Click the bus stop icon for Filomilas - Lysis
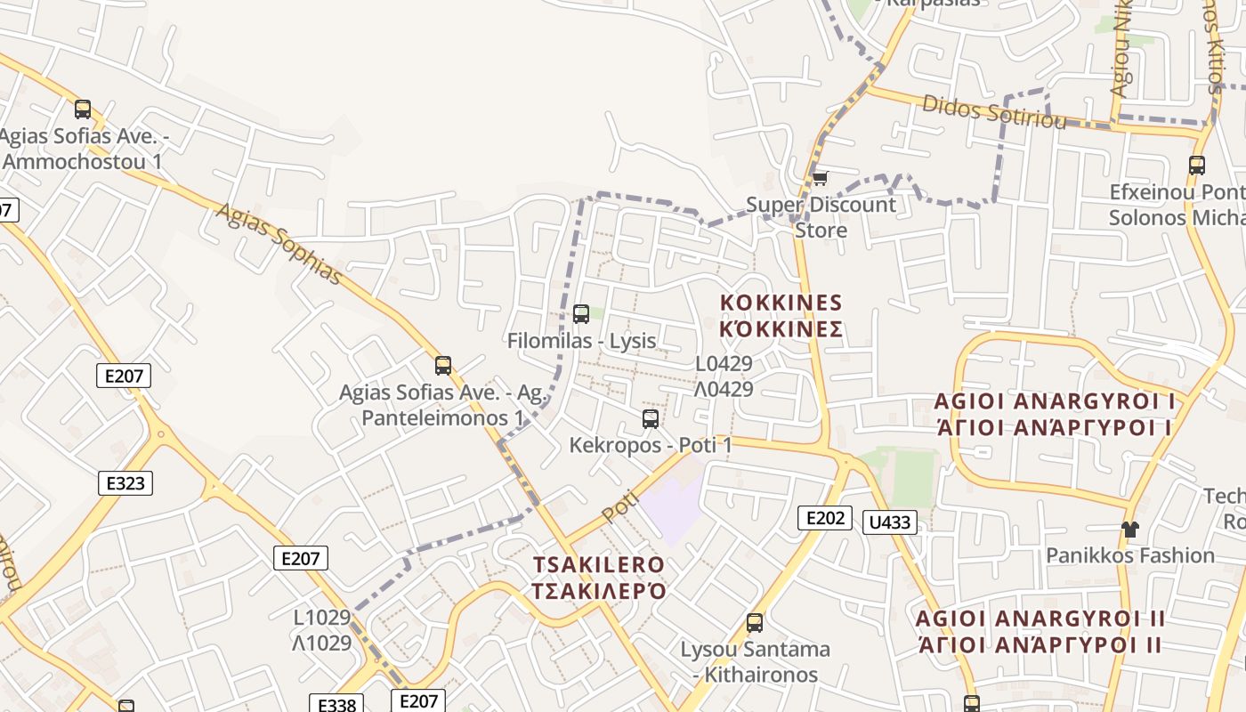[581, 313]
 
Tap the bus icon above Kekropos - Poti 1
[651, 418]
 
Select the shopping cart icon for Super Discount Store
[820, 178]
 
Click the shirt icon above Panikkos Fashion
[1129, 530]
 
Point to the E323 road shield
[125, 483]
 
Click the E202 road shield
[824, 518]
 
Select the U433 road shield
[889, 522]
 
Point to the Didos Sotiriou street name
[993, 111]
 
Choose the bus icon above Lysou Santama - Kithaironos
[755, 622]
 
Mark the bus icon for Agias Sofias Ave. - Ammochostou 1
[83, 109]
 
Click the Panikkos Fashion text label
[1129, 555]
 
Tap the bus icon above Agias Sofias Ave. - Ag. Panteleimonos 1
[443, 365]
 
